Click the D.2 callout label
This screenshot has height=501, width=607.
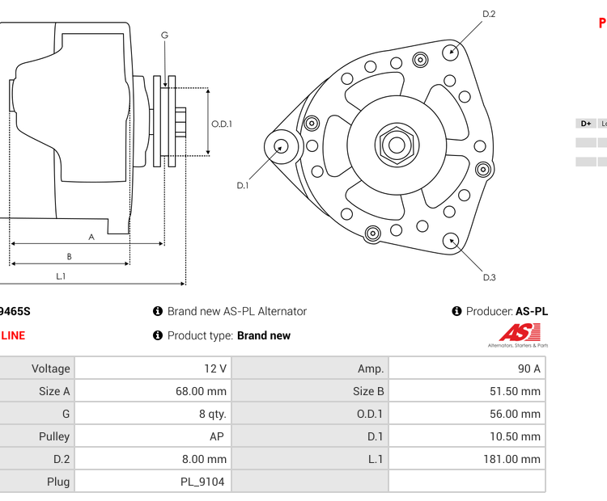(x=489, y=14)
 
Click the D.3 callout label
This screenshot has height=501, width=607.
(x=489, y=277)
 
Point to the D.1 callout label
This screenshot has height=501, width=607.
(x=242, y=186)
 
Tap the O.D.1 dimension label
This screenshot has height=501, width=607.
(x=222, y=124)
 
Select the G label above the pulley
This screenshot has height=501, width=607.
(x=164, y=35)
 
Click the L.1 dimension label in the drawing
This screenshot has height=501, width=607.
(x=60, y=276)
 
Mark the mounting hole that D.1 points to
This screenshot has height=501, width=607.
(x=281, y=146)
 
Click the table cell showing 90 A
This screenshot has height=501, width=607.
(x=467, y=368)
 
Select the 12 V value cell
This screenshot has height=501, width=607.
(x=152, y=368)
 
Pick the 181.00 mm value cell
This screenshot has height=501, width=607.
(x=467, y=459)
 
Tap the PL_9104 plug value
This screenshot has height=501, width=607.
(x=152, y=482)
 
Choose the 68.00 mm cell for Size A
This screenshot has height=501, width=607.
(x=152, y=391)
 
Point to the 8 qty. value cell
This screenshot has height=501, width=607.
(x=152, y=414)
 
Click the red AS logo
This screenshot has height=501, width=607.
(x=518, y=333)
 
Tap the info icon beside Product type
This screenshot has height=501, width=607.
(x=158, y=335)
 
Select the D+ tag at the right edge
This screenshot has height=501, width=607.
(x=585, y=124)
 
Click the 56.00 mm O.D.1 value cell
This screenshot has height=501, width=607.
(x=467, y=414)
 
